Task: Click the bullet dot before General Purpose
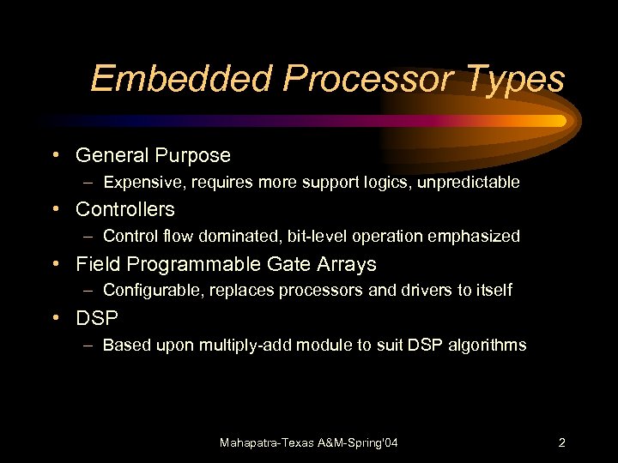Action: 54,155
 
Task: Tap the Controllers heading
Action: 124,209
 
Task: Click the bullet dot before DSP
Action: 54,317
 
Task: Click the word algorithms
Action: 488,346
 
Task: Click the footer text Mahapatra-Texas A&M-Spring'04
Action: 309,442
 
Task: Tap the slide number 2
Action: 561,442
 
